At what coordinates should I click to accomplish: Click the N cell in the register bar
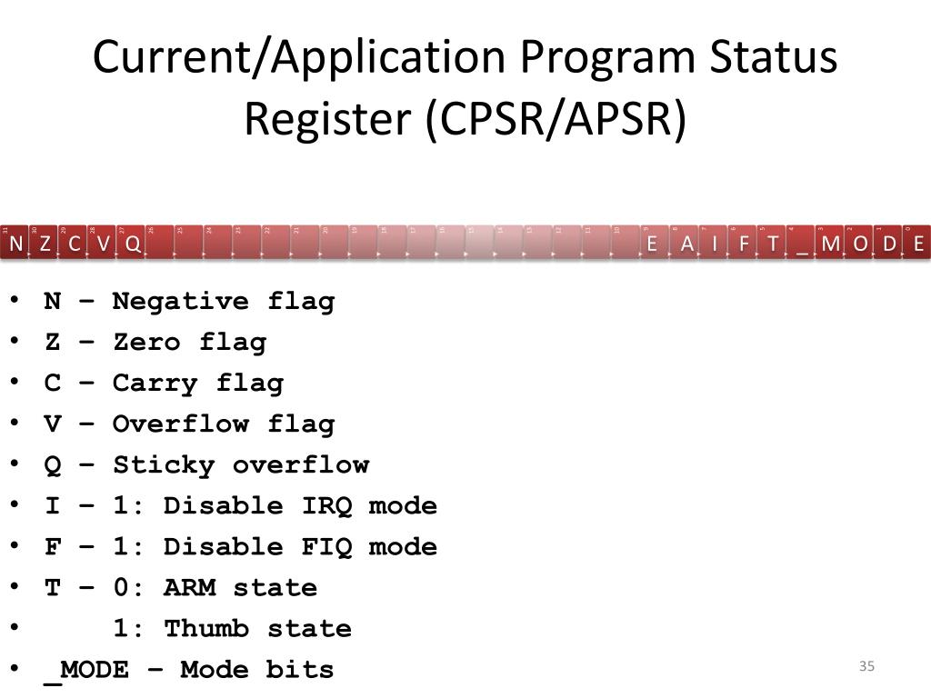point(15,244)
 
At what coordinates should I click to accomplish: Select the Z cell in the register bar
point(45,244)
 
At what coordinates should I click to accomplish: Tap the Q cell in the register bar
point(133,244)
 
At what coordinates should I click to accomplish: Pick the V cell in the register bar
point(104,244)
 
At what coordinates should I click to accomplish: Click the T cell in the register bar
point(773,244)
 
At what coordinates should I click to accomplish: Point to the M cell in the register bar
point(831,244)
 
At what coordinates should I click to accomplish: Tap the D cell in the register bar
point(889,244)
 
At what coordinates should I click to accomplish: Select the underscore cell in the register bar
point(802,244)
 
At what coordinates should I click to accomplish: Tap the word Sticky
point(164,464)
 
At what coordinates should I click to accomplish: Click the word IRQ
point(326,505)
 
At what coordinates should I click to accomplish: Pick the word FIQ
point(326,546)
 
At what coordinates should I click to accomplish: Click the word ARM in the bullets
point(189,587)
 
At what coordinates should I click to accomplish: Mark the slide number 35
point(866,667)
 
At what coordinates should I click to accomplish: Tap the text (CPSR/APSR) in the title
point(556,119)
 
